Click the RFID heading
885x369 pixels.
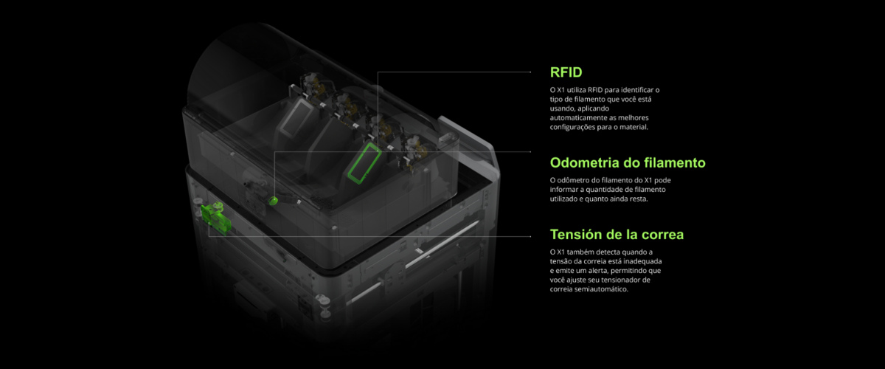[566, 72]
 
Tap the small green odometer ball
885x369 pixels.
[273, 201]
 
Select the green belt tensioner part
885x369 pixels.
[215, 217]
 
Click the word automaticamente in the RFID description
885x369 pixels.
[577, 118]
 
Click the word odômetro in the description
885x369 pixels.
[574, 180]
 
